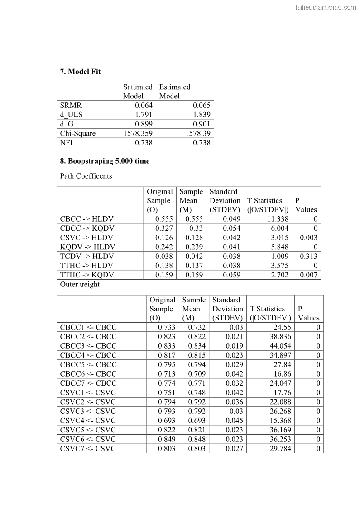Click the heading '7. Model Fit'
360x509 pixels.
click(x=80, y=72)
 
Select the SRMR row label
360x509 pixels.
click(x=71, y=106)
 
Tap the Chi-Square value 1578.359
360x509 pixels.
click(x=138, y=133)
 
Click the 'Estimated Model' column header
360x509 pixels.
click(x=175, y=91)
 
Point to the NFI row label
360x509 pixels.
click(x=67, y=143)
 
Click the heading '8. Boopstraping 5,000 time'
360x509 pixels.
click(x=105, y=161)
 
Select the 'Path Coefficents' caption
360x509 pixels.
click(x=86, y=176)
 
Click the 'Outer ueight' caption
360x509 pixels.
click(x=80, y=285)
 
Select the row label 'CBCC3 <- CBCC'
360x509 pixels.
click(x=88, y=346)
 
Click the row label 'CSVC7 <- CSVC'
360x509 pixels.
click(x=88, y=449)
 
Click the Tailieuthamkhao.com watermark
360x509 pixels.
click(x=325, y=7)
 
